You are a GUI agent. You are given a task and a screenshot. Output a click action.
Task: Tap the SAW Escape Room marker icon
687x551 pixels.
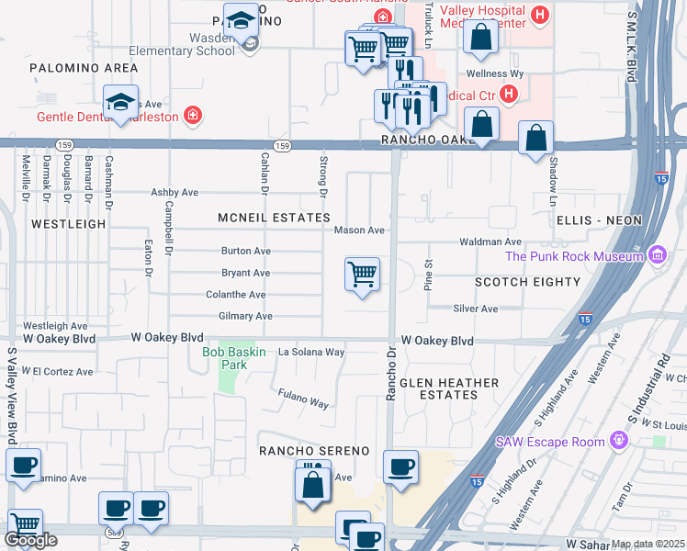point(619,441)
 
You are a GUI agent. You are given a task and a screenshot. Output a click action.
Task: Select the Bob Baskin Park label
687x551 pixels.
point(227,358)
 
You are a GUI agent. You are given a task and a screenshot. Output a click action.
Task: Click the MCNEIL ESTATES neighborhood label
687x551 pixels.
point(274,218)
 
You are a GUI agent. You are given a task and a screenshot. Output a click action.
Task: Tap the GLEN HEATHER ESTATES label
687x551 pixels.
point(449,388)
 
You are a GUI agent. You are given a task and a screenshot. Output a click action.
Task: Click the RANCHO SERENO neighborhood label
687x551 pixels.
point(313,451)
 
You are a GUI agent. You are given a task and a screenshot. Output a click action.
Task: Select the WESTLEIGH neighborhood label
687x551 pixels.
point(69,223)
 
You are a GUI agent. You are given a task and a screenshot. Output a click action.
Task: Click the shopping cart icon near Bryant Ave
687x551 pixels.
point(363,274)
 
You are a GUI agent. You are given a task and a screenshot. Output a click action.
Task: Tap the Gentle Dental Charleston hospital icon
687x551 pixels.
point(193,116)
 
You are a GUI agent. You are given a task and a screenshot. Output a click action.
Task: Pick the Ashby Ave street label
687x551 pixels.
point(175,193)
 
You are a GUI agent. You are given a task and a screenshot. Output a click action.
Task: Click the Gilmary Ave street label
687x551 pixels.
point(245,316)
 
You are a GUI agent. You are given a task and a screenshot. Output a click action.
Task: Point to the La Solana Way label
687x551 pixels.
point(311,352)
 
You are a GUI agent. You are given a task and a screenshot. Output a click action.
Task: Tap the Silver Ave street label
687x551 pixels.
point(475,309)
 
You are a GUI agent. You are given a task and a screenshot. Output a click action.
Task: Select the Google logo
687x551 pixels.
point(30,540)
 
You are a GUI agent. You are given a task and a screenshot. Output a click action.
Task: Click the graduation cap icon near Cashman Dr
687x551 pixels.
point(120,103)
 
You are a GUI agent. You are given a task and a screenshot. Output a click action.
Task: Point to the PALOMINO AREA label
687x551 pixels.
point(71,68)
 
